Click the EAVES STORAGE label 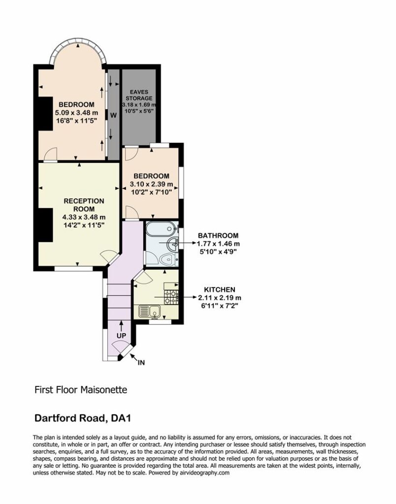click(139, 95)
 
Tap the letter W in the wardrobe click(114, 115)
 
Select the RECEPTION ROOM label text click(84, 205)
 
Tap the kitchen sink click(150, 312)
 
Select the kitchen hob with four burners click(171, 297)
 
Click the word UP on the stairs click(121, 336)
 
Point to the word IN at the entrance click(141, 363)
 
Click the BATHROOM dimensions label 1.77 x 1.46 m click(218, 244)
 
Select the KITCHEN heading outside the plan click(220, 289)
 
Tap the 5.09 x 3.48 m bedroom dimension click(76, 113)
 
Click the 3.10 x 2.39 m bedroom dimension click(151, 185)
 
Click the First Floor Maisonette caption click(81, 390)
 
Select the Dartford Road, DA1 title click(83, 418)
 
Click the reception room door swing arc click(109, 255)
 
